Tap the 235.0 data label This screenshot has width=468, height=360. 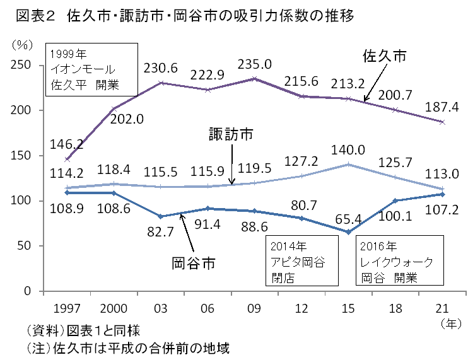tap(254, 64)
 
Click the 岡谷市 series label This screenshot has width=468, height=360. tap(194, 262)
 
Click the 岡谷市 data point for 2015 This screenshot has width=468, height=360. tap(348, 232)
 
